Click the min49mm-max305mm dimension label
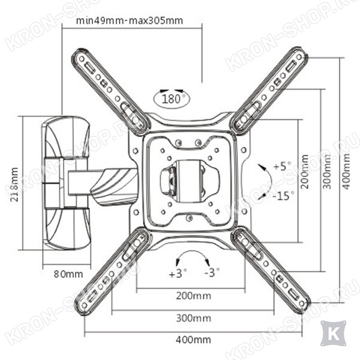(x=130, y=20)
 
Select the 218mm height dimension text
(x=14, y=184)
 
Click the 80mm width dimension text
(x=68, y=274)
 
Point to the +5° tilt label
(x=282, y=166)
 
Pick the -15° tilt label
(x=283, y=196)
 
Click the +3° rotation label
(x=178, y=273)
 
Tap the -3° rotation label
(x=212, y=272)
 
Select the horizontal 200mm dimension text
(x=194, y=296)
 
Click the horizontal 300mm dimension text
(x=194, y=318)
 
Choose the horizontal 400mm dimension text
(x=194, y=340)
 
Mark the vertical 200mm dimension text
(x=305, y=172)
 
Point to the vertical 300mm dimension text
(x=327, y=172)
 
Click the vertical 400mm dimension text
(x=346, y=172)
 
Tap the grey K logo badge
(x=334, y=334)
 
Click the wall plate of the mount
(x=66, y=183)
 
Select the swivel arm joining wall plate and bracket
(x=103, y=183)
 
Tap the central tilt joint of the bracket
(x=190, y=181)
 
